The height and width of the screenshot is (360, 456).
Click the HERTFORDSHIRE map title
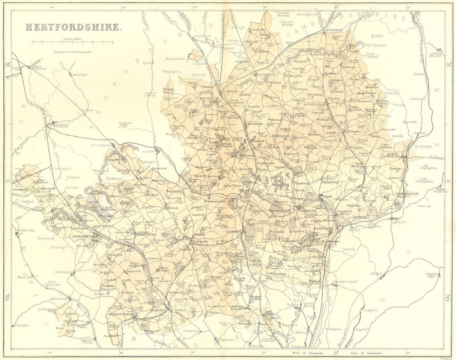tap(73, 27)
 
